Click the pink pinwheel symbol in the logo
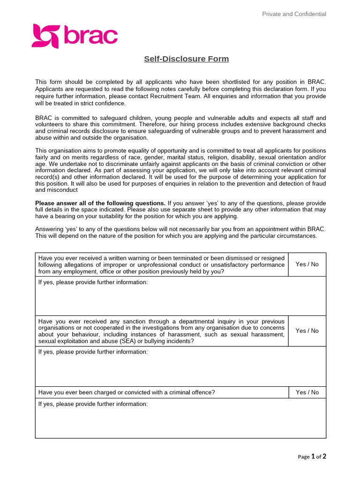click(x=45, y=37)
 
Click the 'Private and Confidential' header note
click(x=294, y=14)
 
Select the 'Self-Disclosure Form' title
click(x=186, y=59)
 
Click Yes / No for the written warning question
click(x=307, y=264)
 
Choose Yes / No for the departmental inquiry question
click(x=307, y=331)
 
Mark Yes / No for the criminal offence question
click(x=307, y=392)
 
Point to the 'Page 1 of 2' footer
click(x=312, y=457)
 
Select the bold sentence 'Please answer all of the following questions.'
click(x=100, y=203)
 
